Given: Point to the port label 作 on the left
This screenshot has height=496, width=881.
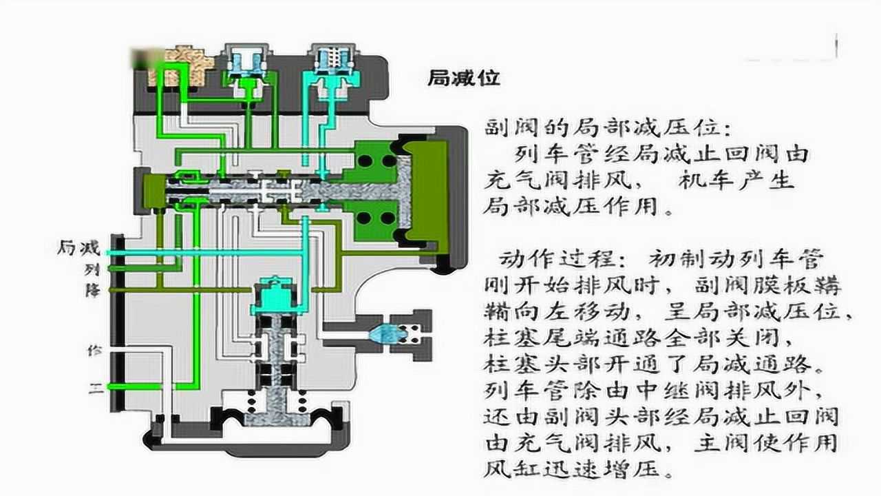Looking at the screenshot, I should point(94,349).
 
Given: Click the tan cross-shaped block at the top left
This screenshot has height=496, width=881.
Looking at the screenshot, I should point(182,65).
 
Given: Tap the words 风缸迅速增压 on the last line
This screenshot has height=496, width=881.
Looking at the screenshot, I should point(578,471).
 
